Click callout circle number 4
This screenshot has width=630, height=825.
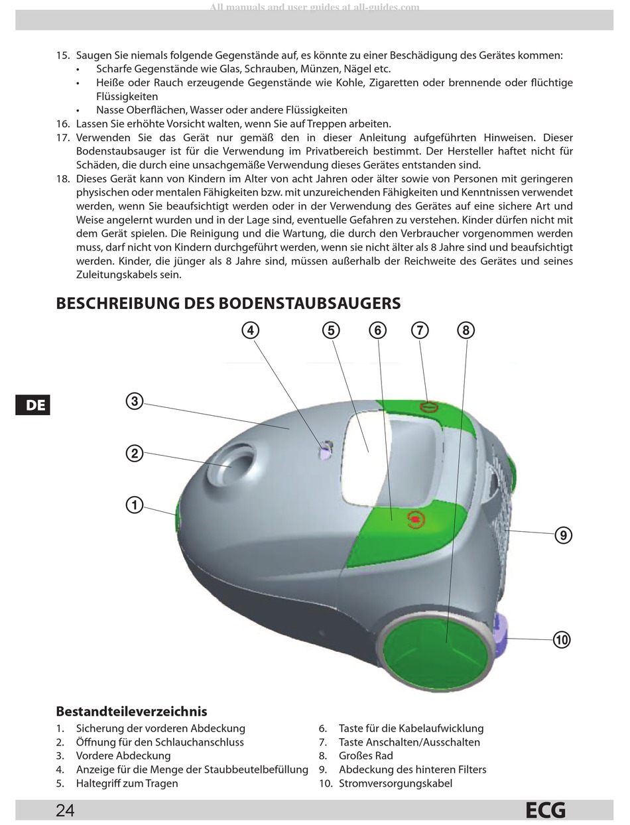[250, 330]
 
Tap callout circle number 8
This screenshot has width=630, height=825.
[466, 330]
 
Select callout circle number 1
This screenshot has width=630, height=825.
[135, 505]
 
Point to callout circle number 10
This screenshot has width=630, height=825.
[562, 640]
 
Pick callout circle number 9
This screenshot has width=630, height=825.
[563, 535]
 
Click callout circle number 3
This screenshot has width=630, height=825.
[135, 401]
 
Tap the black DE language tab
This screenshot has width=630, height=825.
[32, 405]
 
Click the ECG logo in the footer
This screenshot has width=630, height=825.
[545, 810]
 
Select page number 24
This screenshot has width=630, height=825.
[65, 810]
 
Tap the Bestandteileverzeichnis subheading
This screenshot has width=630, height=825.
[131, 712]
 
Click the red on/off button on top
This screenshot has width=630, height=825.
[429, 406]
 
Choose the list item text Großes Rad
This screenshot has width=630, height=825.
[365, 756]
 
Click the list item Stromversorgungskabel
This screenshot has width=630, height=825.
[395, 783]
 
